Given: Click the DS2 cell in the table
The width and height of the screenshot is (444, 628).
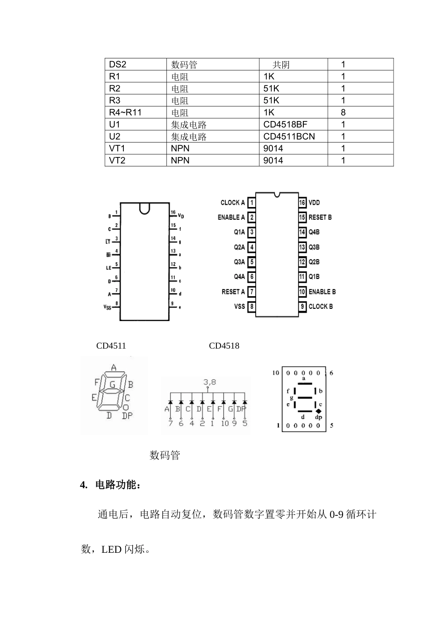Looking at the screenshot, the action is pyautogui.click(x=117, y=64).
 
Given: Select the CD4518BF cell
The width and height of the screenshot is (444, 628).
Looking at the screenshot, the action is pyautogui.click(x=285, y=124).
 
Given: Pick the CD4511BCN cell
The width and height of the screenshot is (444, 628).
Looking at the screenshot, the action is pyautogui.click(x=289, y=136).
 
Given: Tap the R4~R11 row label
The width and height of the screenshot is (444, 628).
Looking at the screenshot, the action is pyautogui.click(x=125, y=113).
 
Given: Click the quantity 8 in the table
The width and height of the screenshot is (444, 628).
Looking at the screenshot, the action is pyautogui.click(x=344, y=113).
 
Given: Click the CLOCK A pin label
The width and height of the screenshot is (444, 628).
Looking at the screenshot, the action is pyautogui.click(x=232, y=203).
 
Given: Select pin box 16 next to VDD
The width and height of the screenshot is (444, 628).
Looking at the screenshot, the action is pyautogui.click(x=302, y=203).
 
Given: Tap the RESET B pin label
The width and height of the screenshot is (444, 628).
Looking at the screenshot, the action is pyautogui.click(x=320, y=217).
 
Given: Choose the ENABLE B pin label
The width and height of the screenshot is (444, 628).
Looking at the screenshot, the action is pyautogui.click(x=322, y=292).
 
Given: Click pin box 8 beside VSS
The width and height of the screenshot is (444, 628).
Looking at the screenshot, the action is pyautogui.click(x=252, y=307).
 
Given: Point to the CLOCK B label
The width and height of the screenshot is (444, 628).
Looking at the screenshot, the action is pyautogui.click(x=321, y=307).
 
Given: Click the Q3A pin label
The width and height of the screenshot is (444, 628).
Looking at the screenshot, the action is pyautogui.click(x=239, y=262).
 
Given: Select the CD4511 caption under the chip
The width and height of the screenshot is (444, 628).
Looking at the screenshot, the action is pyautogui.click(x=111, y=346).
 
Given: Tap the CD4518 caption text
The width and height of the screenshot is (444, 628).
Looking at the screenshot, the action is pyautogui.click(x=224, y=346).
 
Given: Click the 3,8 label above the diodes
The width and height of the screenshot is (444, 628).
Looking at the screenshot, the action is pyautogui.click(x=209, y=382).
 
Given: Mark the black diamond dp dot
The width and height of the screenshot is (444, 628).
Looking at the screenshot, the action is pyautogui.click(x=319, y=411).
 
